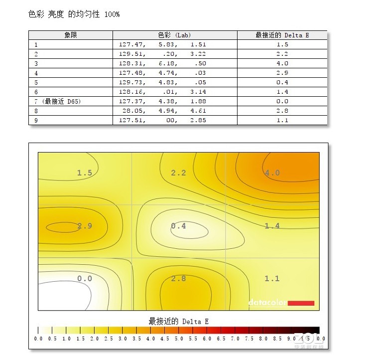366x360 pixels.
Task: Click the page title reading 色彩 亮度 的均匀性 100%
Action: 74,14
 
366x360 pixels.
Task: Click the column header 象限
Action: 71,35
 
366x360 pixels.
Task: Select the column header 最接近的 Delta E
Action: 282,35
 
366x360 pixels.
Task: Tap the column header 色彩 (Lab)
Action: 174,35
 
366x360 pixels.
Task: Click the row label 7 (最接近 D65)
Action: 58,101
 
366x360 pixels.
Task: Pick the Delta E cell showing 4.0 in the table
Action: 282,63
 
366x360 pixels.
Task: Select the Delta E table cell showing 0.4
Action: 282,82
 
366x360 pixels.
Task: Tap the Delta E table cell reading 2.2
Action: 282,54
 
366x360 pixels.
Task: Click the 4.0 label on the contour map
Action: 272,173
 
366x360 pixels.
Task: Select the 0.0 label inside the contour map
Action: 85,278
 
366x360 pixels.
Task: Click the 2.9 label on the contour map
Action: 85,226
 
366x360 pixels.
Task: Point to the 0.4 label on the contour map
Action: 178,226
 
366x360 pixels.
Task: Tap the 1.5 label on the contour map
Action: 85,173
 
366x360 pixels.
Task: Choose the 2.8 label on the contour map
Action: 178,278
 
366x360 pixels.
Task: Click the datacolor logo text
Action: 267,303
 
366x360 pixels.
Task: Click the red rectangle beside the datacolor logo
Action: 301,303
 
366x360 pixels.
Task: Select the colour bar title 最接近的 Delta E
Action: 178,322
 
